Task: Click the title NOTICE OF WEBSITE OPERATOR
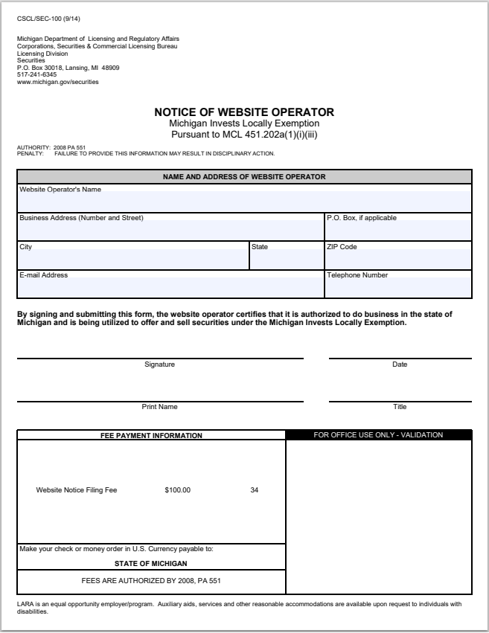(x=244, y=112)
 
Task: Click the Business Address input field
(x=170, y=231)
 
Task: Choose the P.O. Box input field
(x=397, y=231)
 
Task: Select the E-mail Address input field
(x=170, y=287)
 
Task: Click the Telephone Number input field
(x=397, y=287)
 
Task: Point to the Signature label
(x=159, y=364)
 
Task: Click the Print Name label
(x=159, y=407)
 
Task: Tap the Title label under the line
(x=400, y=407)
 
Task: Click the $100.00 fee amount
(x=177, y=490)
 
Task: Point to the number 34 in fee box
(x=255, y=490)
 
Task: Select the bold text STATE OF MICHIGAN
(x=151, y=564)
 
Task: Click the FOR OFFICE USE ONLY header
(x=378, y=435)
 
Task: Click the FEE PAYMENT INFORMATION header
(x=151, y=435)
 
